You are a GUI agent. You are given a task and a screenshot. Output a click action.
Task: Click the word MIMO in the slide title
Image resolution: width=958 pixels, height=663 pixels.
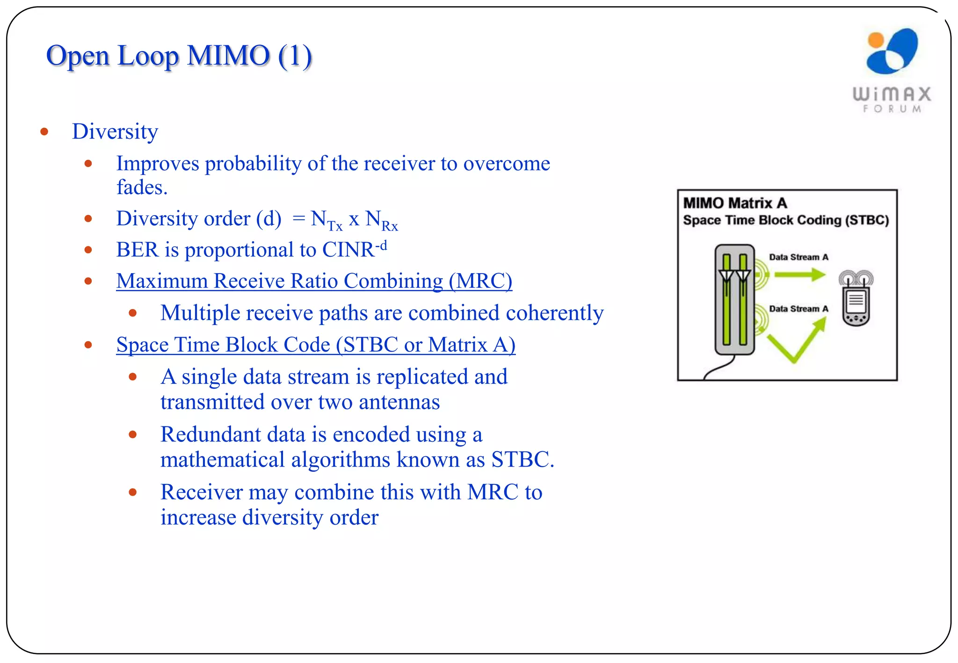tap(228, 56)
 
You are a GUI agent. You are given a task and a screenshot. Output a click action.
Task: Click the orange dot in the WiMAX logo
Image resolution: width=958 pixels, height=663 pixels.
tap(875, 40)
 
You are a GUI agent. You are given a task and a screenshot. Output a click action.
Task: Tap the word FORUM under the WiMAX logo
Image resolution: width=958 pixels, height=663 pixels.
tap(892, 108)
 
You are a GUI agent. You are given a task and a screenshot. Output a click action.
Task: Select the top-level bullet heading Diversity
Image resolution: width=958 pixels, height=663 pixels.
tap(115, 131)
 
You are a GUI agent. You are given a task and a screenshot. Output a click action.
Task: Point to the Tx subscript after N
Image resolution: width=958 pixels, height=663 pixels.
tap(335, 226)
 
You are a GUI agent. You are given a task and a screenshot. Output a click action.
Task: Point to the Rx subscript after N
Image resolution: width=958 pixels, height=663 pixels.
tap(390, 226)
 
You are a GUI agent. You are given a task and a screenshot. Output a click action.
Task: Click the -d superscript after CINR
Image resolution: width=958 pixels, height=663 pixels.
tap(381, 245)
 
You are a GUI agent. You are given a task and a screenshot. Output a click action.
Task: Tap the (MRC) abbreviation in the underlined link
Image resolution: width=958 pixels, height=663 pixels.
tap(480, 281)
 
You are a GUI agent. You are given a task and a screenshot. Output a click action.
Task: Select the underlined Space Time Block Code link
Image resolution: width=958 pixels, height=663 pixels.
tap(316, 345)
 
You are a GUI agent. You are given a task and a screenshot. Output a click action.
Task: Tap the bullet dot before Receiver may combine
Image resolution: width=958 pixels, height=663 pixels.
tap(133, 492)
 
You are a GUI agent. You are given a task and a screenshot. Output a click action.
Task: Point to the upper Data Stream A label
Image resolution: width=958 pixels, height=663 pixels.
tap(798, 257)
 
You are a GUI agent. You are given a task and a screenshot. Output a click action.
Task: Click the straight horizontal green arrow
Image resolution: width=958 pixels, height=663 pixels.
tap(799, 274)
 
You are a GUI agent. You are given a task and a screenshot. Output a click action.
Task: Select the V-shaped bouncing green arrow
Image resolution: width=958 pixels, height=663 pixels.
tap(795, 341)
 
